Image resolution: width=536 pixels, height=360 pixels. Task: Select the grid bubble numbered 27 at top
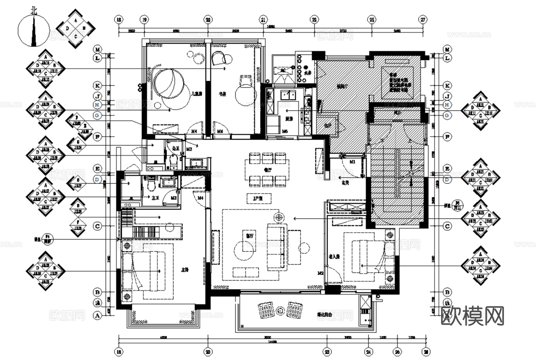click(423, 20)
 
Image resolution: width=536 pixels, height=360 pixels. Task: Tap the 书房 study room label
click(223, 94)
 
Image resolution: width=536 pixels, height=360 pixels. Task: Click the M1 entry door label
click(352, 162)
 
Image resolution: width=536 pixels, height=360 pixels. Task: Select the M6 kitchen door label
click(284, 131)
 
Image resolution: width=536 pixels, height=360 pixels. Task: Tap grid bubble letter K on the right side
click(447, 86)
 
